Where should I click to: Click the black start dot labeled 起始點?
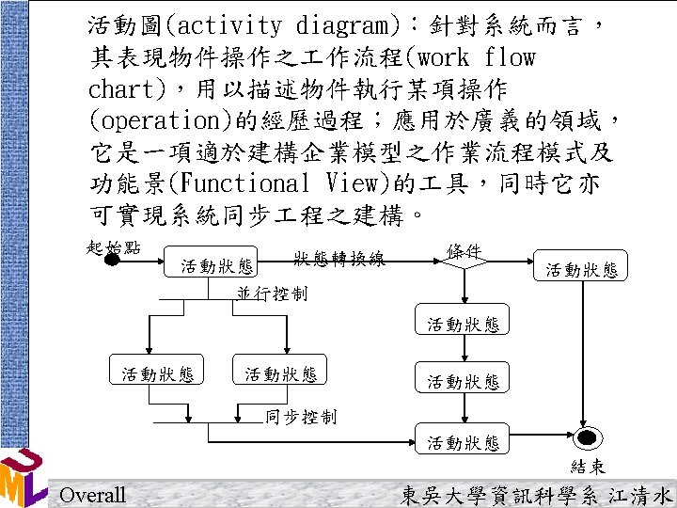112,259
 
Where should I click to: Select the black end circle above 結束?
588,438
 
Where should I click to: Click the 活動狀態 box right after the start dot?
218,266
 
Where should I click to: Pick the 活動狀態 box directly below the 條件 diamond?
464,325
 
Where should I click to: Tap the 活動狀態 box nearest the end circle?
464,442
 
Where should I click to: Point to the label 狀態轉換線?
338,259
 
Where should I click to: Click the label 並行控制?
272,294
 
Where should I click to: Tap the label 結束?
588,466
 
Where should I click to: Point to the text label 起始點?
113,246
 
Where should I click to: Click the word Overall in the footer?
92,495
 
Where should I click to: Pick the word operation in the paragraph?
144,120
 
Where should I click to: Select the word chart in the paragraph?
125,88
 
